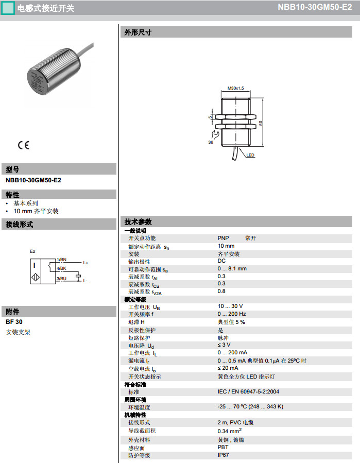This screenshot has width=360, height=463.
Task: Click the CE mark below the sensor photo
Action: tap(24, 145)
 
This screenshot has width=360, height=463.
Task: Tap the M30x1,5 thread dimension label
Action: tap(235, 89)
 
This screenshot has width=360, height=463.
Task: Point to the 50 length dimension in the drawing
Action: tap(261, 123)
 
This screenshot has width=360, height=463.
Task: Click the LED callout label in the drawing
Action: tap(250, 155)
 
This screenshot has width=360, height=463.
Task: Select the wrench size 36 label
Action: tap(211, 142)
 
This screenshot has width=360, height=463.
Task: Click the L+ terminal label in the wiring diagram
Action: tap(85, 263)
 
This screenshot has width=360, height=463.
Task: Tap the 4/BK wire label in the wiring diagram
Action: tap(61, 269)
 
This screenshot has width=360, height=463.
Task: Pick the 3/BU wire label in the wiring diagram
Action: tap(61, 279)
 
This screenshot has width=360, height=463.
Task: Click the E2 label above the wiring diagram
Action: tap(32, 251)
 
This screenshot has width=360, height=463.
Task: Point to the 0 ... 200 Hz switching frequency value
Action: tap(231, 314)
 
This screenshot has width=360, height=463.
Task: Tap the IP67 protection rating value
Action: tap(223, 455)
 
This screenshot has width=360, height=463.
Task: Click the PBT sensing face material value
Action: tap(222, 448)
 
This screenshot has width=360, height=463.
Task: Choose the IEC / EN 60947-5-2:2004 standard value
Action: tap(248, 392)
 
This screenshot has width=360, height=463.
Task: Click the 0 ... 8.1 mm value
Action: tap(232, 269)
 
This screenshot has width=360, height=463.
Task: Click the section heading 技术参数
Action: tap(138, 222)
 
